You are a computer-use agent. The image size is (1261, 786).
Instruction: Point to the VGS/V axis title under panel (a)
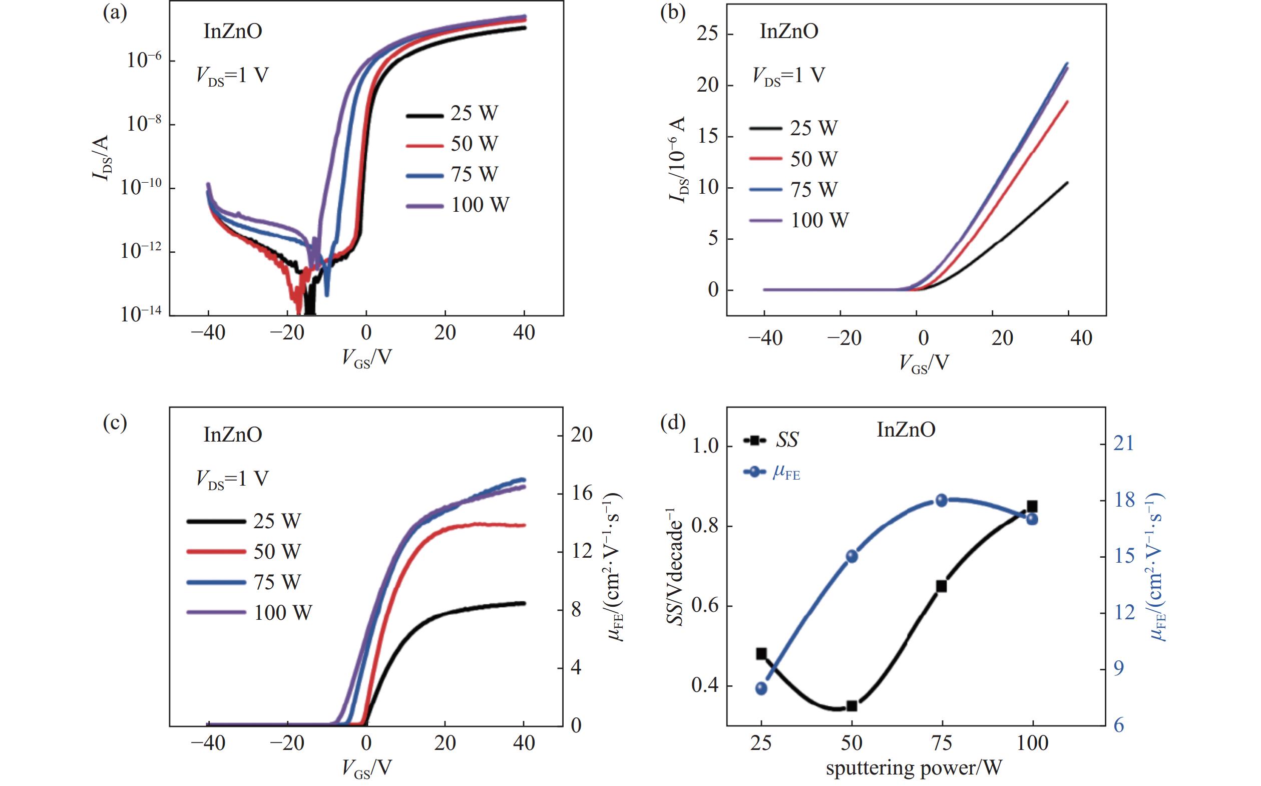point(366,357)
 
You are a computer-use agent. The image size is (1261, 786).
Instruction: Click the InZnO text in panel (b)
point(788,32)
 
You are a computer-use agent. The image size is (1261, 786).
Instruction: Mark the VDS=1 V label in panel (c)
point(232,479)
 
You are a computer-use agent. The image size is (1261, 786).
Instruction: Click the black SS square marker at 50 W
point(852,705)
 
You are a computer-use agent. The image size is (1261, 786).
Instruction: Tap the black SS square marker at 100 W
point(1032,506)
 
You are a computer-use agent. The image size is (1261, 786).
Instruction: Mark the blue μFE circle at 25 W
point(761,688)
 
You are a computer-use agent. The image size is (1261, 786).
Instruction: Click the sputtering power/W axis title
point(913,767)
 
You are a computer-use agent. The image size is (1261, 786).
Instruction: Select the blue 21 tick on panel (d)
point(1124,444)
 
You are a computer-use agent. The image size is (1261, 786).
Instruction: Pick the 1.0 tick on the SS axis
point(705,446)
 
